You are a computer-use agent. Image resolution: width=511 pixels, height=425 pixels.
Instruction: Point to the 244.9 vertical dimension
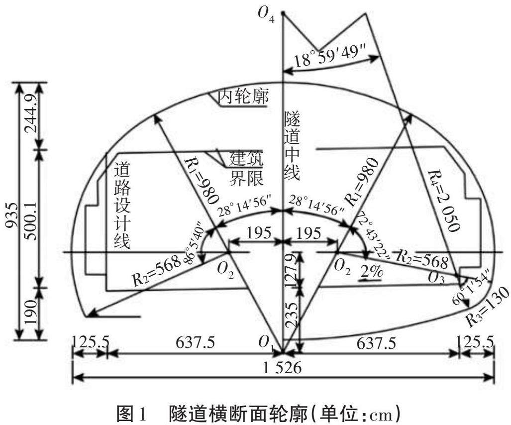pos(31,116)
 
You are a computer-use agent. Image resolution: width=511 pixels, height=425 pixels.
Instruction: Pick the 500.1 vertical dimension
pos(31,218)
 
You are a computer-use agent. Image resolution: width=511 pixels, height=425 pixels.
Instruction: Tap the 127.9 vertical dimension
pos(295,269)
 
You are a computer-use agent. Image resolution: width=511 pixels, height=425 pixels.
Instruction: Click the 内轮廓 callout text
pos(244,98)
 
